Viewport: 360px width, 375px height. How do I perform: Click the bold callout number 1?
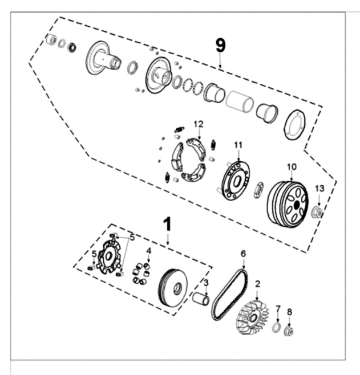pos(167,224)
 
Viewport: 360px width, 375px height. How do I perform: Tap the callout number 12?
pos(197,124)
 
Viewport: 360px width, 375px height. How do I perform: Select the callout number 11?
pos(238,145)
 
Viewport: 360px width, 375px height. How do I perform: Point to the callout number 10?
pos(291,166)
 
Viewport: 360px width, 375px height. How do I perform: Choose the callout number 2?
pos(258,283)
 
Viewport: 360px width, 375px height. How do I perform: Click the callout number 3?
pos(206,283)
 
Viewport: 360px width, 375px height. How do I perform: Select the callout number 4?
pos(148,251)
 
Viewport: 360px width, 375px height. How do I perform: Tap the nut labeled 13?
pos(318,213)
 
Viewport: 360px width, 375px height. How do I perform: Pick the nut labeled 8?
pos(289,329)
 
